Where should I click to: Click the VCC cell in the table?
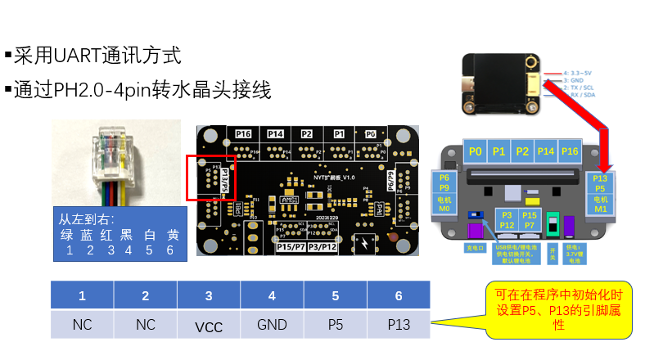coord(209,325)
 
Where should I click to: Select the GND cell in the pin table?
coord(272,324)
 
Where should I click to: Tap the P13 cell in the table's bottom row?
coord(399,324)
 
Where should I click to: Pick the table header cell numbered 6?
coord(399,295)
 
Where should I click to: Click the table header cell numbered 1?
coord(82,295)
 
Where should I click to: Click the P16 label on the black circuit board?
coord(243,133)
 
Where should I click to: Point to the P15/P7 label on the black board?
coord(291,246)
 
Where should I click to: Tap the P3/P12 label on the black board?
coord(322,246)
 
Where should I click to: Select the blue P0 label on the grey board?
coord(476,151)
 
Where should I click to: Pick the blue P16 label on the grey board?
coord(571,151)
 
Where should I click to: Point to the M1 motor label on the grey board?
coord(600,209)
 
